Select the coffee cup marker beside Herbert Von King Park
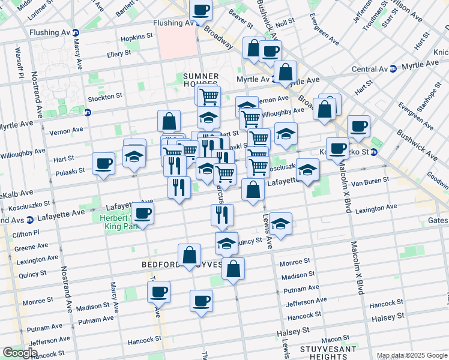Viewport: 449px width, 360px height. [143, 212]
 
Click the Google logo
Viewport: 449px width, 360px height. [20, 353]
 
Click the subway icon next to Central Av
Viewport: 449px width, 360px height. [393, 69]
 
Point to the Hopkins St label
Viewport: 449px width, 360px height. [131, 37]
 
